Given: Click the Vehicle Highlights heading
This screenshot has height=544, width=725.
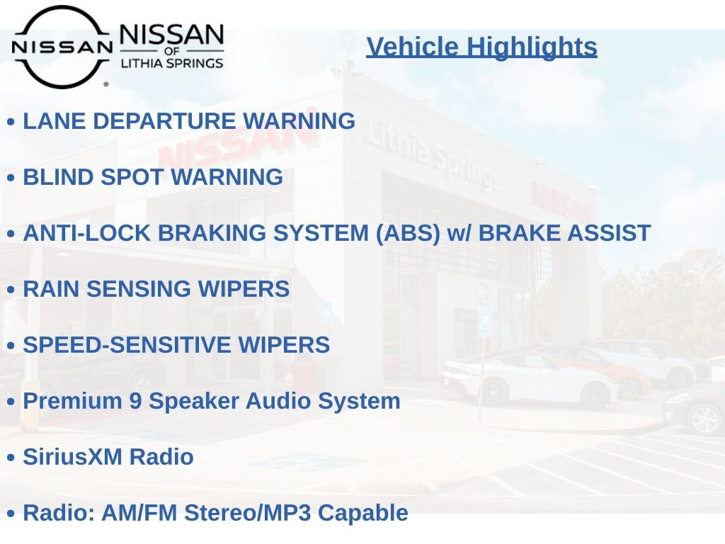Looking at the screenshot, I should click(x=481, y=47).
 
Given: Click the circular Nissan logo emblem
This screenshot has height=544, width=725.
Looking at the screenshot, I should click(x=62, y=47).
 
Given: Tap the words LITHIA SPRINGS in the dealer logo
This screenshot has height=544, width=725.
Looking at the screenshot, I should click(x=172, y=63).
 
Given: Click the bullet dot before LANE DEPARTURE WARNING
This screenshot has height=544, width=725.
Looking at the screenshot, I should click(x=11, y=123).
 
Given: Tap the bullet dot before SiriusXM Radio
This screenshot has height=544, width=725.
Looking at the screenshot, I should click(x=11, y=458).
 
